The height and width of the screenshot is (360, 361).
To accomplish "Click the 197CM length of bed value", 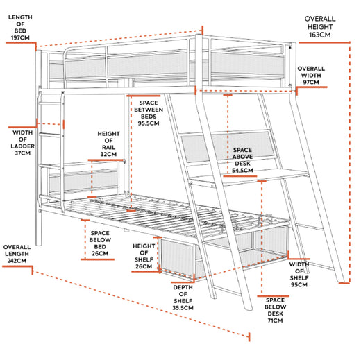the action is coord(20,37).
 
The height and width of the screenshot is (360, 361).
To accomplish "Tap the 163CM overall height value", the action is coord(320,35).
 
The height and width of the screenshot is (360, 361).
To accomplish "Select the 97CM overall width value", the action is coord(311,82).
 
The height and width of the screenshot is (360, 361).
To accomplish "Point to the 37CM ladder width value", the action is coord(23,153).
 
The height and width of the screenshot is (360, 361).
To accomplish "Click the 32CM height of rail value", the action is coord(108,154).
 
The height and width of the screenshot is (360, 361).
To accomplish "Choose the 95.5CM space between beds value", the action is coord(149,123).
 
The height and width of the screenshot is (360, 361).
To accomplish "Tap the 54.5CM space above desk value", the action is coord(242,171).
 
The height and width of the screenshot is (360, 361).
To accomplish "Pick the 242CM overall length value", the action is coord(17,261).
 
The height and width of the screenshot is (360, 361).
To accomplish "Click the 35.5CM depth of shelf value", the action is coord(183,308).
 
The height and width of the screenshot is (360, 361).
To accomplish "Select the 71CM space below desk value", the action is coord(275,320).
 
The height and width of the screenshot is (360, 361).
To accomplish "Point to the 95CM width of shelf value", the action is coord(299,284).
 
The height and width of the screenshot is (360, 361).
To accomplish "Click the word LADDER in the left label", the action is coord(23,146).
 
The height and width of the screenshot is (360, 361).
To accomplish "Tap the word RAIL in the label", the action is coord(108,147).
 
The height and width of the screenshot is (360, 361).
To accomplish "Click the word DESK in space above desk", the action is coord(242,164).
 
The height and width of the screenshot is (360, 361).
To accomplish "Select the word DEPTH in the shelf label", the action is coord(183,288).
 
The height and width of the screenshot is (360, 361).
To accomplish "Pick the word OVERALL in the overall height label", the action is coord(320,19).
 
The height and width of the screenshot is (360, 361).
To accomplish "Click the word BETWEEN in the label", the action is coord(149,110).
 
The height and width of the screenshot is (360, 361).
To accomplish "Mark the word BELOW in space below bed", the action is coord(100,240).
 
